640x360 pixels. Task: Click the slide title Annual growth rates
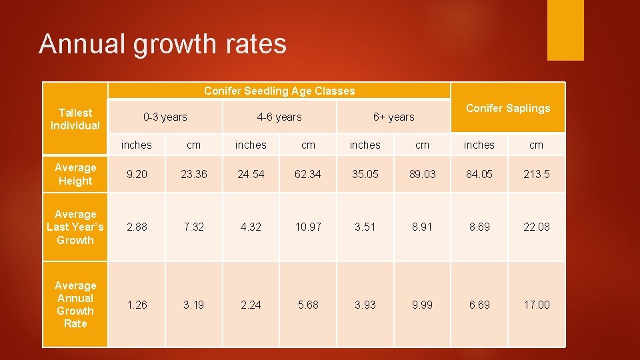coord(163,44)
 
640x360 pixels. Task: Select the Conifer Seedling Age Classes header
coord(279,91)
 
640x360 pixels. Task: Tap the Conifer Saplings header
coord(507,108)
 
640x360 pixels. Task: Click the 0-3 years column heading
coord(165,117)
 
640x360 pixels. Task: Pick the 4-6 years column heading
coord(279,117)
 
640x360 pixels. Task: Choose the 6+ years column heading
coord(393,117)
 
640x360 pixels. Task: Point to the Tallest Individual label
coord(75,119)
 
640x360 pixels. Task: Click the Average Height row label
coord(75,174)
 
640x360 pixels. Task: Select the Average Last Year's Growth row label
coord(75,227)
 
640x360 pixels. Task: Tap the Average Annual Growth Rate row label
coord(75,304)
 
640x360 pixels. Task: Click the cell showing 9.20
coord(137,174)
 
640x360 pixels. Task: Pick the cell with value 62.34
coord(308,174)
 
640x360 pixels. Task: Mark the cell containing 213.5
coord(536,174)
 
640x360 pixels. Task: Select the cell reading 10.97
coord(308,227)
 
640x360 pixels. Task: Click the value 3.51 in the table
coord(365,227)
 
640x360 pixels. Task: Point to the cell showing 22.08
coord(536,227)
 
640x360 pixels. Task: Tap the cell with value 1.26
coord(137,305)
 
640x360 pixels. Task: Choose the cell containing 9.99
coord(422,305)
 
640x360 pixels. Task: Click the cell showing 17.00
coord(536,305)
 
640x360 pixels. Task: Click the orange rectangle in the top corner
coord(565,30)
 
